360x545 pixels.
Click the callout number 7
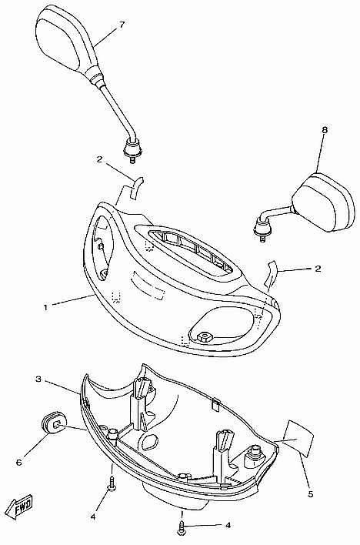coord(122,25)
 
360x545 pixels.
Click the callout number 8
coord(325,130)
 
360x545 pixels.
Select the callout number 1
coord(46,307)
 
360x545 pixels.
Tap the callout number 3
coord(39,379)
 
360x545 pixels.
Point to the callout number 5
coord(310,494)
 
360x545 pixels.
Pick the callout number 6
coord(19,463)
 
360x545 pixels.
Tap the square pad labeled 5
coord(298,438)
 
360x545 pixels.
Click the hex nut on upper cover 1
coord(202,336)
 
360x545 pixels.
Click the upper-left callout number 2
coord(100,159)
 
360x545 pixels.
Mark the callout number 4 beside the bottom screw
coord(228,525)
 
